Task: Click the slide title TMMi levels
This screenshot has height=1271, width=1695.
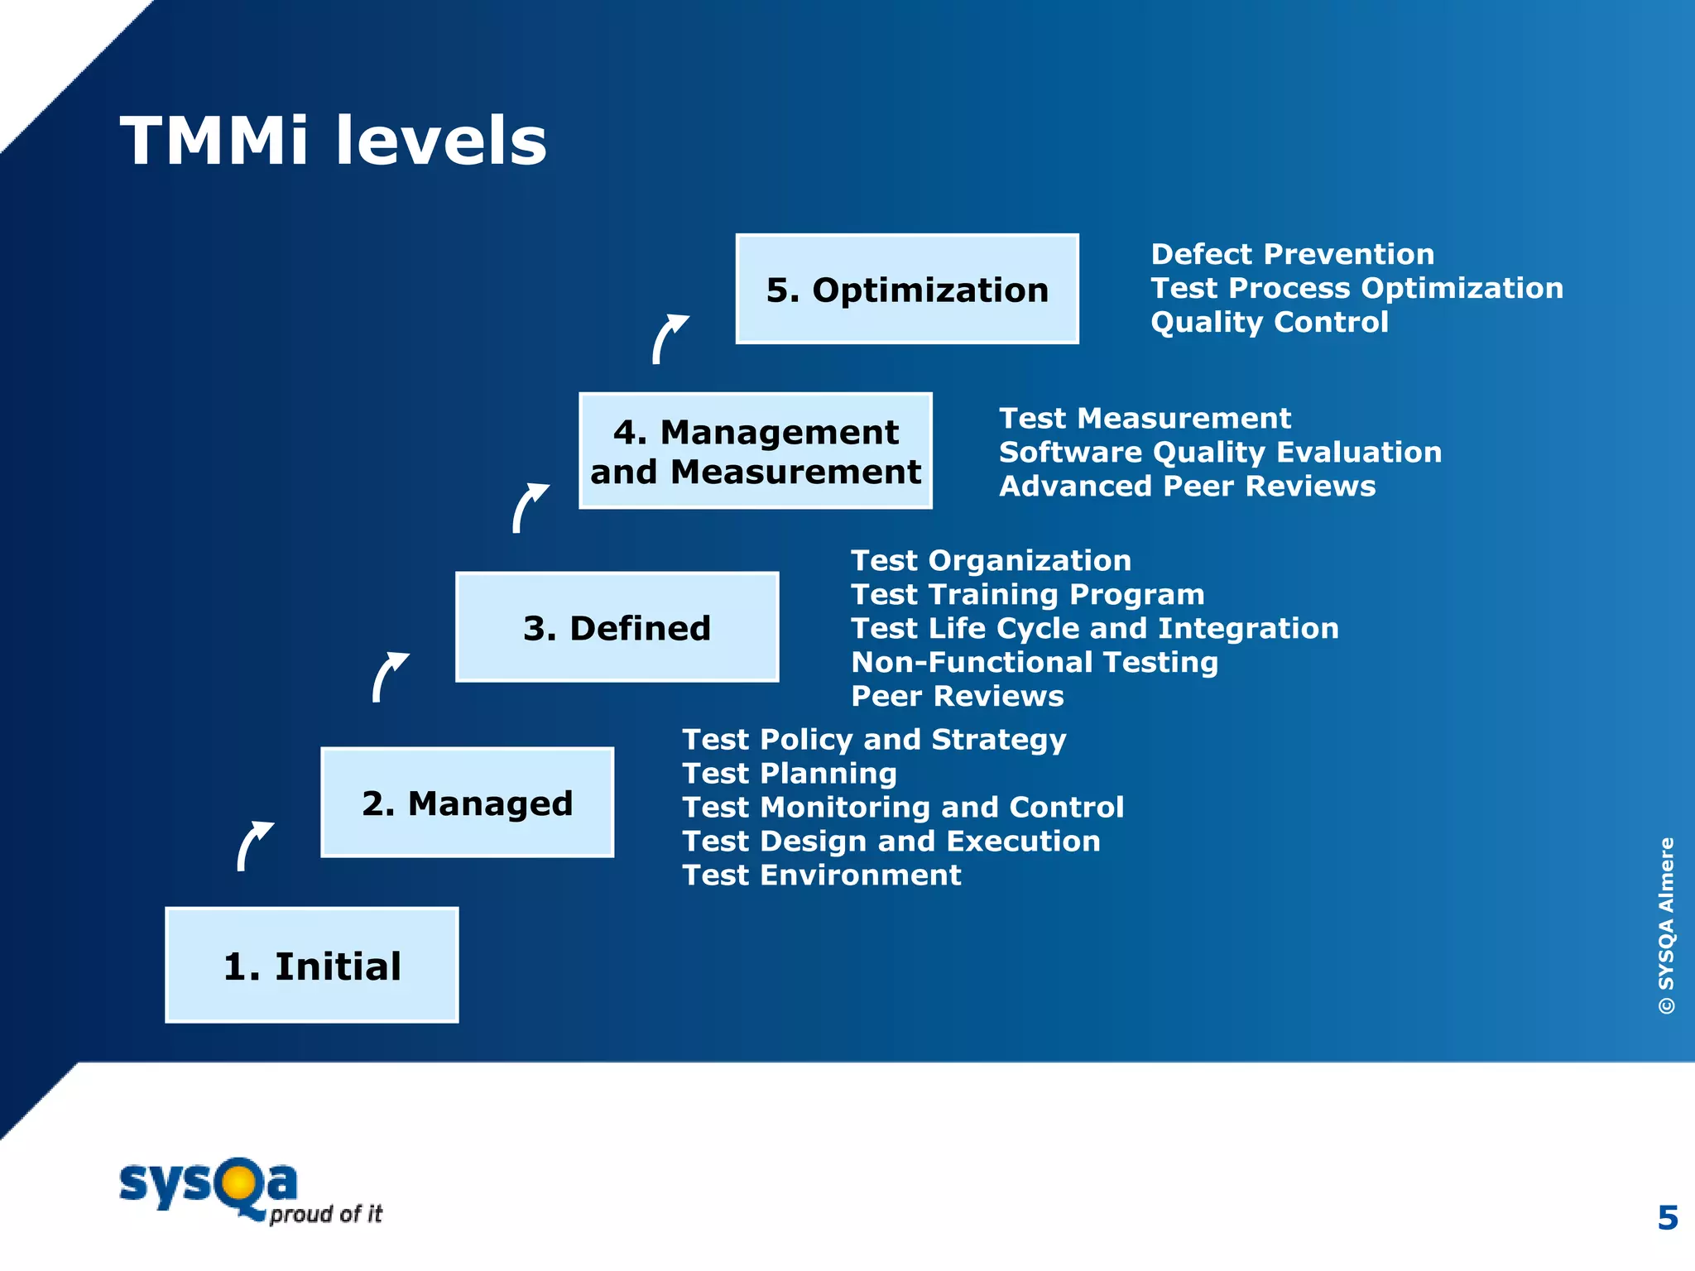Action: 334,141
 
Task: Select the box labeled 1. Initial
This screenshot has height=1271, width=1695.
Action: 312,966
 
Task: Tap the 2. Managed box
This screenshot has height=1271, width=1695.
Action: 467,803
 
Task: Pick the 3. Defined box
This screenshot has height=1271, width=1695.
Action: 617,627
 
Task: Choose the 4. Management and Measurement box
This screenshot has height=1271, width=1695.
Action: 755,451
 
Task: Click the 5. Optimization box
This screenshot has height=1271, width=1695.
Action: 906,290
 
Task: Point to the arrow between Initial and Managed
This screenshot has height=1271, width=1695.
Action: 253,845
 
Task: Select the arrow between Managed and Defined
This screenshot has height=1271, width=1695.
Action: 389,676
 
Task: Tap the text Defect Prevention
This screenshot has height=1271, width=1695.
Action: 1292,254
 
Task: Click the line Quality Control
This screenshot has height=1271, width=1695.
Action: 1269,322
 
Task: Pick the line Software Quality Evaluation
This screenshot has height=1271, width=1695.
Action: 1220,453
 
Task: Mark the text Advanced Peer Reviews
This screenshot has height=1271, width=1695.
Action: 1187,487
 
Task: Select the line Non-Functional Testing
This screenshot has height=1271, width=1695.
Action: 1035,662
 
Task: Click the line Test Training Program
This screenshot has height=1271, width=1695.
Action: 1027,594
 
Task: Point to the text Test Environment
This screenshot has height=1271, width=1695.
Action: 821,875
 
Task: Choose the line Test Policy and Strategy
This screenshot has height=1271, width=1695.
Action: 874,740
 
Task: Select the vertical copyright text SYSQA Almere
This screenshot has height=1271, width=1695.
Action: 1666,925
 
